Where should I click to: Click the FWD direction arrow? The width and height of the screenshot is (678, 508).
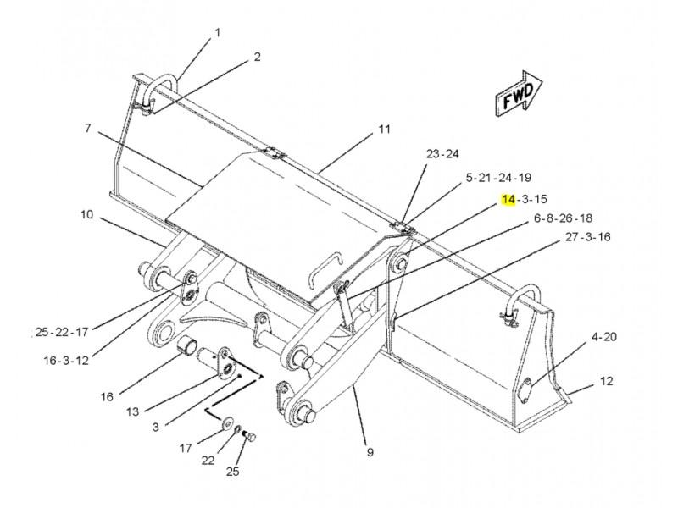518,93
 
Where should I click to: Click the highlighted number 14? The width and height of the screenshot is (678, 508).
508,199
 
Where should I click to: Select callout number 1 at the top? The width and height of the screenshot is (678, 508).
218,32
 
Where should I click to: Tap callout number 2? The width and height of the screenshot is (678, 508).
258,57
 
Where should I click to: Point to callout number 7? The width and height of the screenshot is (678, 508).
88,128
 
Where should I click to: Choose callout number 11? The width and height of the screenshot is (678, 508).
385,129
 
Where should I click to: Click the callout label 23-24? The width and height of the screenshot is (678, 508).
442,154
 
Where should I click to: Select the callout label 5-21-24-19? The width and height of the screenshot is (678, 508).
498,177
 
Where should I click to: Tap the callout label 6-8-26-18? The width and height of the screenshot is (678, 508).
563,218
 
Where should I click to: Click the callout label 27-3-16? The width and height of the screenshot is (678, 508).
588,237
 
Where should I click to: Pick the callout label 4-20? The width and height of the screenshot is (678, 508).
604,336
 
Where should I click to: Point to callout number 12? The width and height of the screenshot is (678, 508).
607,381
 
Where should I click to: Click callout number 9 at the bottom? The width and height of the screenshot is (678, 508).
370,452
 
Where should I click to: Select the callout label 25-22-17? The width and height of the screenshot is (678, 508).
62,332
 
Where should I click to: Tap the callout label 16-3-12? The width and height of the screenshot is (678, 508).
66,360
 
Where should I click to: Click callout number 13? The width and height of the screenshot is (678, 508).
132,411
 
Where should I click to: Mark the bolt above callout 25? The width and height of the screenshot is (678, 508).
249,436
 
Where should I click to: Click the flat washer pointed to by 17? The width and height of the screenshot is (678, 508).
226,424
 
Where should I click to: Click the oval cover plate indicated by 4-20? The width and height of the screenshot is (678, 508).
525,391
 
